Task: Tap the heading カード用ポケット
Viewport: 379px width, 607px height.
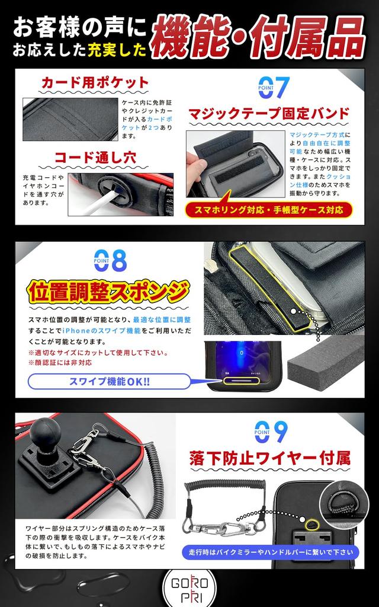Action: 95,82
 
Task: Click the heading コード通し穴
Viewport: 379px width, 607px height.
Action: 95,158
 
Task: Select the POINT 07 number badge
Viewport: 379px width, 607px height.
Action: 274,88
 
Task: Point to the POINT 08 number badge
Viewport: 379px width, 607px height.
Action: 110,260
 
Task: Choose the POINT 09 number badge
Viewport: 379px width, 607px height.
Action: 271,432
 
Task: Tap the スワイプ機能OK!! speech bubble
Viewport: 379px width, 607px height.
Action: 110,381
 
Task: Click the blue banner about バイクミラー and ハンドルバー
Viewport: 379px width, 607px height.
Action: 271,552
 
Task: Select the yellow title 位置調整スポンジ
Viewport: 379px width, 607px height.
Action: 108,292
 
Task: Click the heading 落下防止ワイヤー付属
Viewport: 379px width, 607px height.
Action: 270,458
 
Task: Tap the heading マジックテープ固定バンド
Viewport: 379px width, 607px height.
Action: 269,113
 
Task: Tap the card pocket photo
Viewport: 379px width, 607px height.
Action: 70,119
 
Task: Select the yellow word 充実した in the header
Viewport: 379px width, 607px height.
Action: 117,51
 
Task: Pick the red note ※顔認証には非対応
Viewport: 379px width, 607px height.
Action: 60,363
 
